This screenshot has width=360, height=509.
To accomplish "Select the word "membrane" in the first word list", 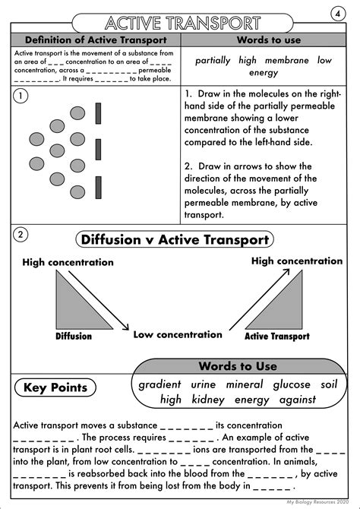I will pyautogui.click(x=283, y=60).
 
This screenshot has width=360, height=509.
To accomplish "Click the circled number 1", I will pyautogui.click(x=22, y=96).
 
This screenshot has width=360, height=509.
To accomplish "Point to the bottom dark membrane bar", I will pyautogui.click(x=99, y=184).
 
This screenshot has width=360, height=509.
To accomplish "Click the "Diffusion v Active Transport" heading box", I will pyautogui.click(x=175, y=240).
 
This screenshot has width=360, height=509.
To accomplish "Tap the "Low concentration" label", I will pyautogui.click(x=178, y=334).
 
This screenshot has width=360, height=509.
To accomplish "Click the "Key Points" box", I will pyautogui.click(x=61, y=388).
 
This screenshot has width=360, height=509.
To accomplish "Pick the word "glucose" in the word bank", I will pyautogui.click(x=292, y=384).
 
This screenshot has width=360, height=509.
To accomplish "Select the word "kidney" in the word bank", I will pyautogui.click(x=207, y=399).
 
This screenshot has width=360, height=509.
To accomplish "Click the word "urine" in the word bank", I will pyautogui.click(x=204, y=384).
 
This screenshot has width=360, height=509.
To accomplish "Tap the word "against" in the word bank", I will pyautogui.click(x=295, y=399).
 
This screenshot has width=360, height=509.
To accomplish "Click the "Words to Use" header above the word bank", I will pyautogui.click(x=238, y=365).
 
